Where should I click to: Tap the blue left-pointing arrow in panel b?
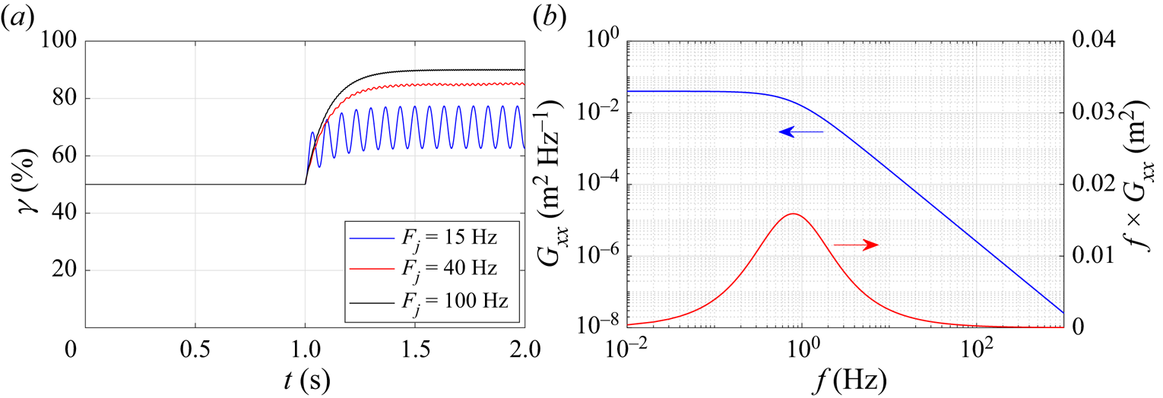pyautogui.click(x=801, y=132)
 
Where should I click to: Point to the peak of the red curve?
pyautogui.click(x=794, y=213)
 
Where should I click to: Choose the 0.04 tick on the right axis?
pyautogui.click(x=1094, y=40)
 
